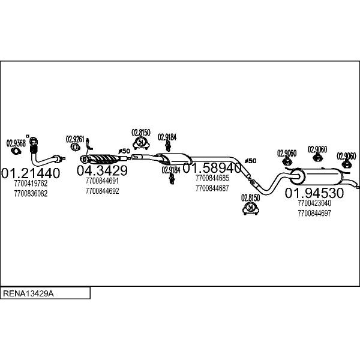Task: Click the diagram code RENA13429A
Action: click(28, 293)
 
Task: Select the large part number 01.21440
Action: click(31, 173)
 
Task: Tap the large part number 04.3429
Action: click(102, 170)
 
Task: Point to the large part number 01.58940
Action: click(212, 168)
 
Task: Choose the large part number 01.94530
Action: click(314, 193)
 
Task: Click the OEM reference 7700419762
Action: click(31, 184)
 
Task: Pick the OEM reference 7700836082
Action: click(31, 194)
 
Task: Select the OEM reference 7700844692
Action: click(103, 191)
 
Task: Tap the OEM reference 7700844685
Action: click(212, 178)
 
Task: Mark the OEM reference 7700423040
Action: click(314, 203)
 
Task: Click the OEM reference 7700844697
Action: click(314, 213)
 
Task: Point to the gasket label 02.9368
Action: click(16, 143)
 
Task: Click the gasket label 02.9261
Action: click(75, 139)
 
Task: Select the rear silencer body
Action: click(316, 176)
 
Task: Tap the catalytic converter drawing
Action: click(100, 159)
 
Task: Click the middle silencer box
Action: click(175, 158)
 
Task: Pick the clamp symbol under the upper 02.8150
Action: click(141, 143)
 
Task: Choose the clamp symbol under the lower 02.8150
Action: click(251, 208)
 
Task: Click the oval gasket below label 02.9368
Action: click(16, 151)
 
